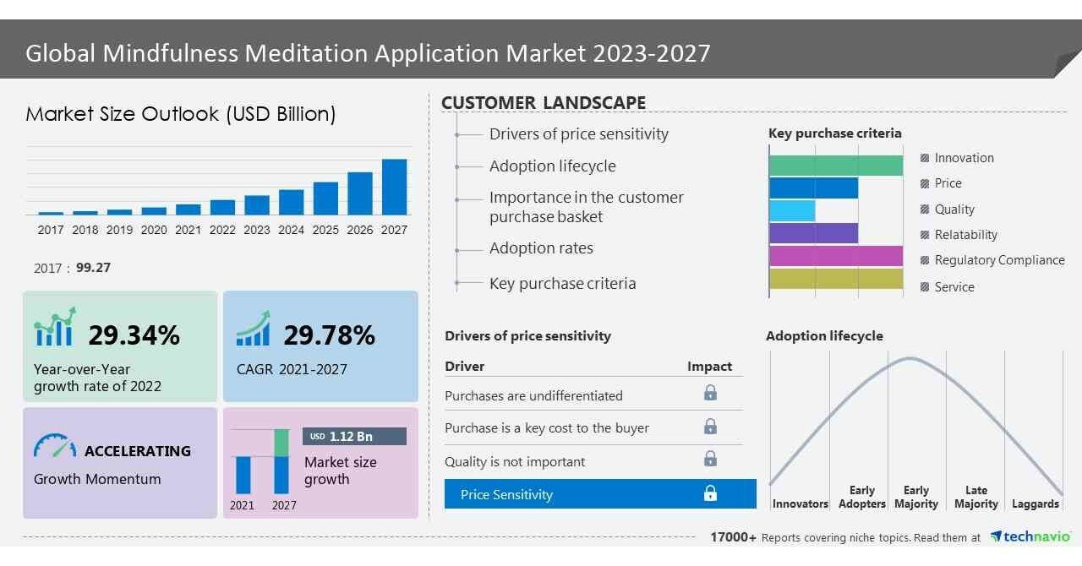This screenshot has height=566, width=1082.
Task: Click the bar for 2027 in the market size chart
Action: (394, 187)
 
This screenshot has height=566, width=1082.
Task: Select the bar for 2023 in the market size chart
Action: (257, 205)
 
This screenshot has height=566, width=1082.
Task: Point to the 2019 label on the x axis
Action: (119, 230)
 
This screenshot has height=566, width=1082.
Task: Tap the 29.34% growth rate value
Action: (134, 335)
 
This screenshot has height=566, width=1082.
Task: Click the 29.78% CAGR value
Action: (329, 335)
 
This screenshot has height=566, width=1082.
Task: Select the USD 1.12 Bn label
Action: (353, 437)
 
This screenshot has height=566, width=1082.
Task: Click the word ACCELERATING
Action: (137, 451)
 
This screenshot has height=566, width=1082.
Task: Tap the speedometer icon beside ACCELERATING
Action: (55, 447)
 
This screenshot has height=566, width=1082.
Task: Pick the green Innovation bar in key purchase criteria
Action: (835, 165)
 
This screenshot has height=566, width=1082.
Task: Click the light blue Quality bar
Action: (792, 210)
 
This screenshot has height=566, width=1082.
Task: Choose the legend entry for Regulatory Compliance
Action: (998, 260)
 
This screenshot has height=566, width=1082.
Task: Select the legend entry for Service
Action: (954, 287)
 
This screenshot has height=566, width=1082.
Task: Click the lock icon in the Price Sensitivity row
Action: (710, 493)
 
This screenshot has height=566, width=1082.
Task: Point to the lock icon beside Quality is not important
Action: (710, 459)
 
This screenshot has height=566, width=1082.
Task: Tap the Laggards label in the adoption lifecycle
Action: (1035, 504)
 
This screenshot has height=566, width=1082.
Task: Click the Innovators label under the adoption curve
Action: (800, 504)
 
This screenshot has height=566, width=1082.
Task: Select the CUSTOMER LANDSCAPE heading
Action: (544, 103)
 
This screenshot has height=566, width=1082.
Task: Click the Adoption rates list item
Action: (541, 248)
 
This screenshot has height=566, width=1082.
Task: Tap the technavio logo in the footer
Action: (1030, 536)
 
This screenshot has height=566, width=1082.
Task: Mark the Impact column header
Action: (709, 367)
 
